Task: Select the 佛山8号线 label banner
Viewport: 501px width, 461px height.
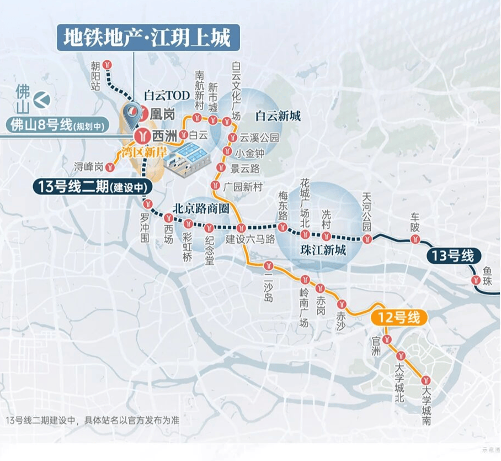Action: [x=61, y=125]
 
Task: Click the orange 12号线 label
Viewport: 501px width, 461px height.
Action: [x=399, y=318]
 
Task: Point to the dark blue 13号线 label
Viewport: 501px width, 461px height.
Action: [x=453, y=256]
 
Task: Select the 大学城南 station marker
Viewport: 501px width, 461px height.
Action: [x=426, y=380]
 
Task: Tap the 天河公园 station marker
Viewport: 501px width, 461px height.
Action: [x=367, y=238]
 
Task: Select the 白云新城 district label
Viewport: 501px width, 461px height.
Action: [x=278, y=116]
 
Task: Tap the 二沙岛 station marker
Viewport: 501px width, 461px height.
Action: [x=269, y=264]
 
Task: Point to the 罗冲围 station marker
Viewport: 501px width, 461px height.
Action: [x=146, y=202]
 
